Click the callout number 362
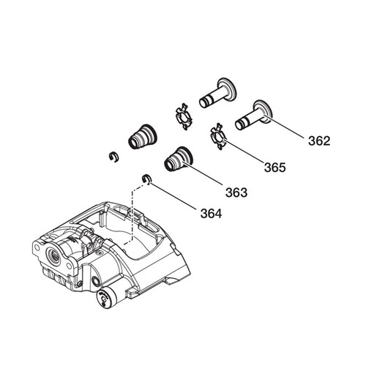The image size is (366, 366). tap(319, 141)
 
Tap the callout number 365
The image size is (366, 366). tap(275, 168)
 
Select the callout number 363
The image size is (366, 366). tap(236, 193)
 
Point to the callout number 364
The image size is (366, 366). tap(212, 214)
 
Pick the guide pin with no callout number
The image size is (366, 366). tap(217, 93)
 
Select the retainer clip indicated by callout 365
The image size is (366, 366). tap(218, 136)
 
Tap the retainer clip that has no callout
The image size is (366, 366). tap(184, 116)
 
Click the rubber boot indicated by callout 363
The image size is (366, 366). tap(179, 160)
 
